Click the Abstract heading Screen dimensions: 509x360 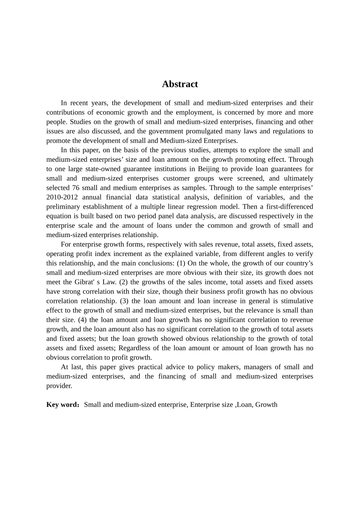180,84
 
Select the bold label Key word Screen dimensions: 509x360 61,404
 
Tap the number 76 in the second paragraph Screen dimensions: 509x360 76,188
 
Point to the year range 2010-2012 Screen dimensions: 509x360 62,197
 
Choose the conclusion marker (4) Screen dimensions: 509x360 82,320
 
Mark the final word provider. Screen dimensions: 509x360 59,386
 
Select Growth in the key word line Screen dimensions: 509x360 266,404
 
